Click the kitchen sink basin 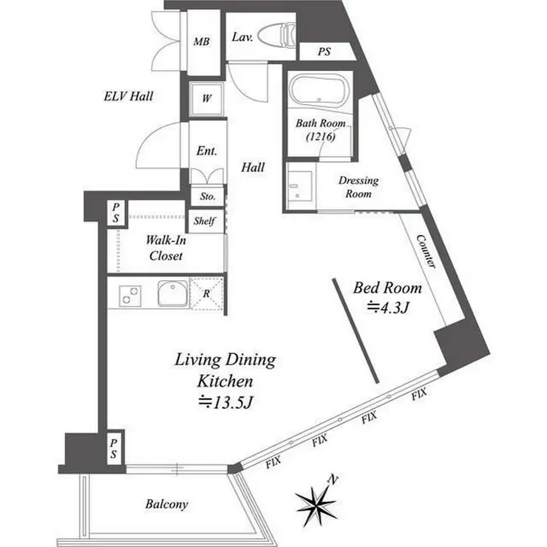pos(173,293)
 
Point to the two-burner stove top pos(130,296)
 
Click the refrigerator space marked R pos(206,293)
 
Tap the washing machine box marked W pos(206,98)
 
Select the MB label pos(202,42)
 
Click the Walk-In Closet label pos(166,248)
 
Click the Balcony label pos(167,503)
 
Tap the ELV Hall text pos(129,96)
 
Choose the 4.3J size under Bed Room pos(387,308)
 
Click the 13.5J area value pos(225,402)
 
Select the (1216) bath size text pos(321,137)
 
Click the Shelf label pos(205,221)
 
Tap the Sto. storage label pos(208,197)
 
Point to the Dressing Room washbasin pos(299,186)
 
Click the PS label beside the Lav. pos(324,52)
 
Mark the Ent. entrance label pos(206,151)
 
